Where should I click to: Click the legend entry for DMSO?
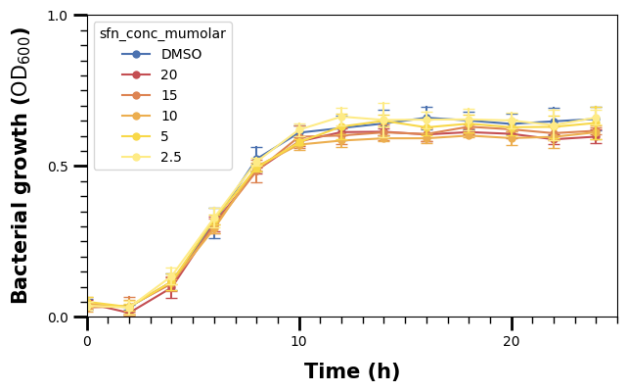pyautogui.click(x=181, y=54)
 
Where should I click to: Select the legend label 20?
pyautogui.click(x=169, y=74)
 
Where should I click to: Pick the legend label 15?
pyautogui.click(x=169, y=95)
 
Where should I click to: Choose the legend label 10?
pyautogui.click(x=169, y=116)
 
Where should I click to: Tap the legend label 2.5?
pyautogui.click(x=171, y=157)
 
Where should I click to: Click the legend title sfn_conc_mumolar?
pyautogui.click(x=162, y=33)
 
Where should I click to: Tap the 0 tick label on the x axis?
pyautogui.click(x=87, y=341)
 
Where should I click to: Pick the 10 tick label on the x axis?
pyautogui.click(x=299, y=341)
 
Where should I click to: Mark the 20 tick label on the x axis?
pyautogui.click(x=512, y=341)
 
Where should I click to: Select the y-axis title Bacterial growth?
pyautogui.click(x=22, y=166)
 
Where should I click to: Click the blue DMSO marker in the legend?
pyautogui.click(x=137, y=54)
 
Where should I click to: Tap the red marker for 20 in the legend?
pyautogui.click(x=137, y=74)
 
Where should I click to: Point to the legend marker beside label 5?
pyautogui.click(x=137, y=136)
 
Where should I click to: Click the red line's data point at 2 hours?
pyautogui.click(x=129, y=313)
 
